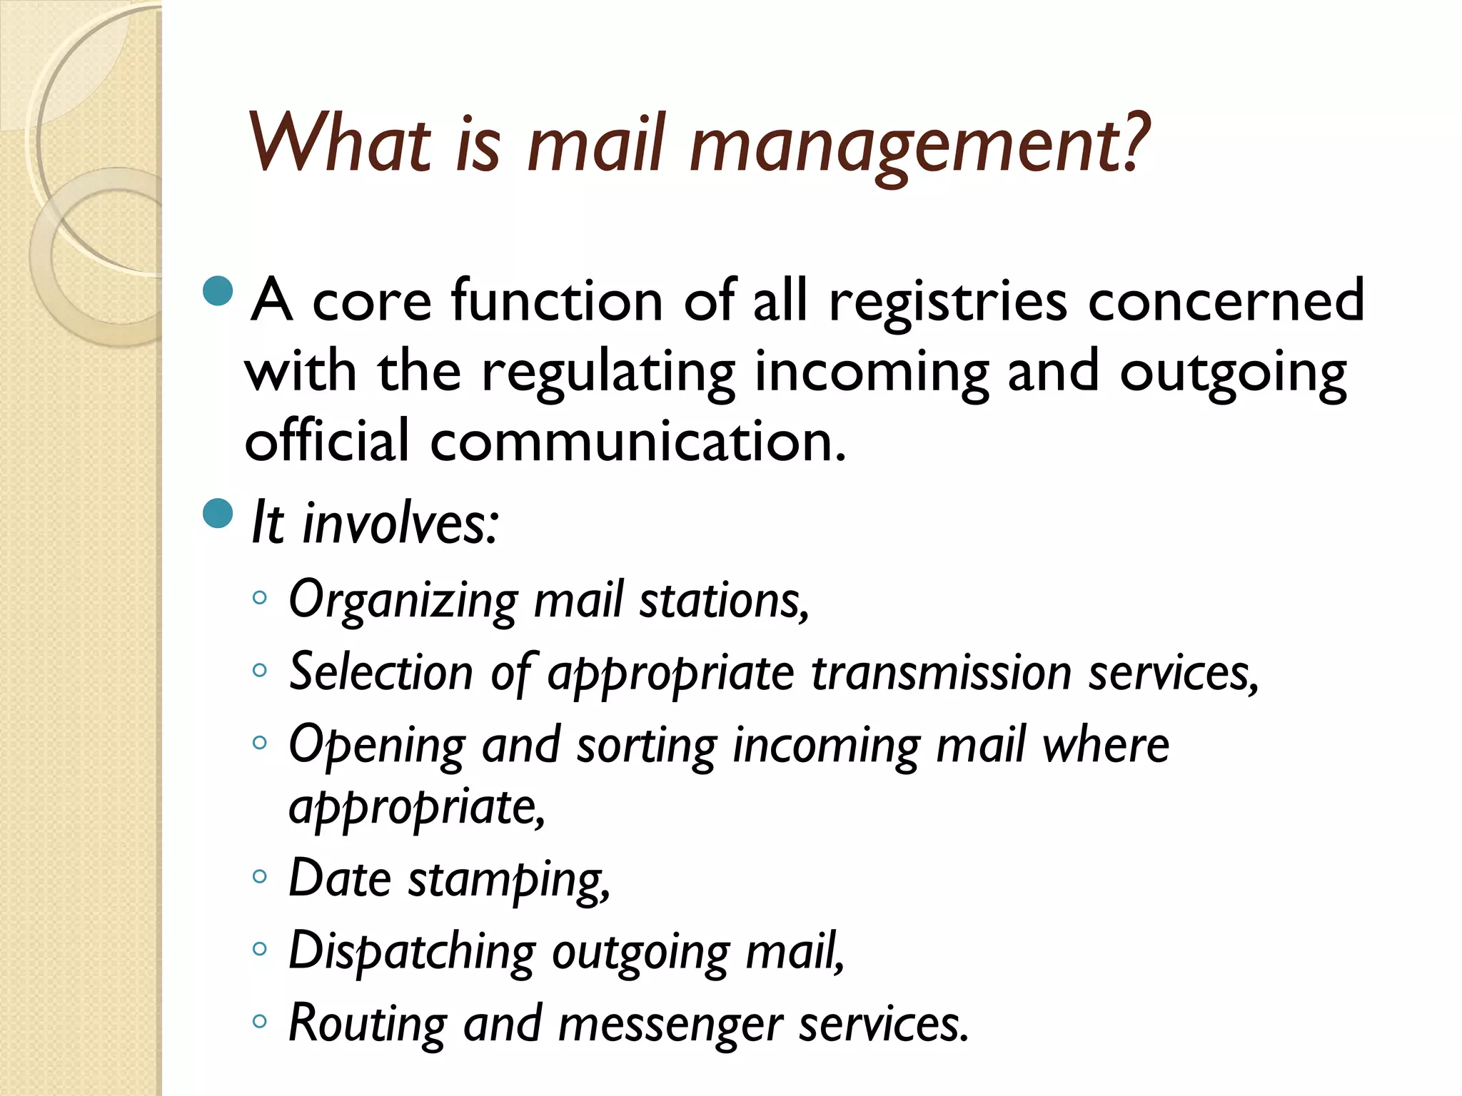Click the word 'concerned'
(1226, 301)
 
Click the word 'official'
(327, 441)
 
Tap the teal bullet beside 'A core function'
(218, 290)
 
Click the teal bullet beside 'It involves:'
(218, 513)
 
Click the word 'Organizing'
(403, 601)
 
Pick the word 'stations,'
(724, 601)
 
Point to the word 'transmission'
(941, 674)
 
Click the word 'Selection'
(380, 672)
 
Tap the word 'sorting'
(646, 746)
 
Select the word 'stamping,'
(509, 880)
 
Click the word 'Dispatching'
(412, 953)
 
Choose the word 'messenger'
(670, 1025)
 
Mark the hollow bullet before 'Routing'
(260, 1021)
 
